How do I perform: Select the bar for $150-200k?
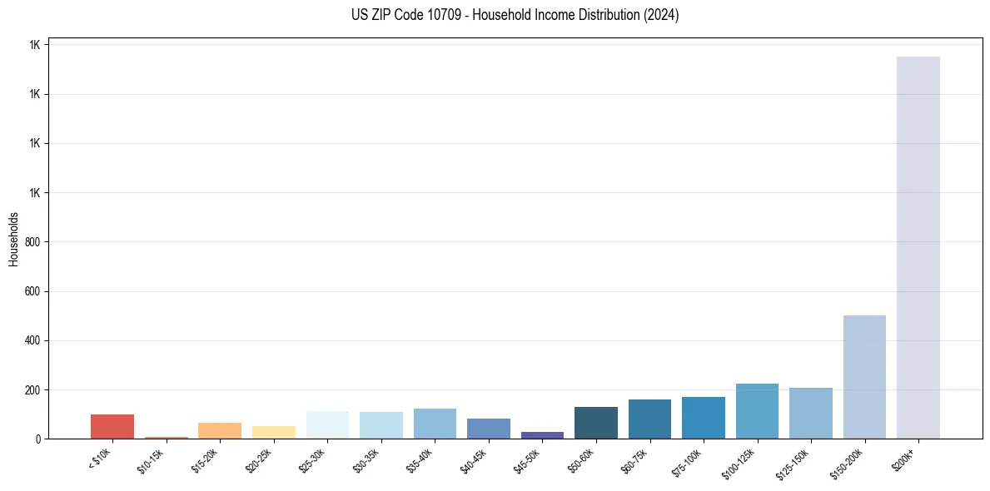click(x=864, y=377)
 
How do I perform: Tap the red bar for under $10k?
click(x=112, y=426)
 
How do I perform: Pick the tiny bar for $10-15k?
click(x=166, y=437)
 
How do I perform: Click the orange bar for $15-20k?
click(x=220, y=430)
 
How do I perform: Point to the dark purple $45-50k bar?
click(x=542, y=434)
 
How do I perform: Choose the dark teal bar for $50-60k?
click(x=596, y=423)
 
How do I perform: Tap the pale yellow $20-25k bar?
click(x=273, y=432)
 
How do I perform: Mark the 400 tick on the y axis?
click(x=34, y=340)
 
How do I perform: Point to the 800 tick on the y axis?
click(x=34, y=242)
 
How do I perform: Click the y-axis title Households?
click(x=13, y=239)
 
